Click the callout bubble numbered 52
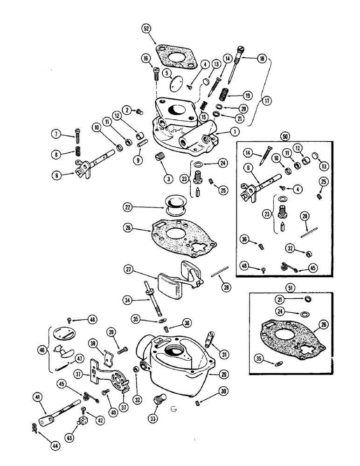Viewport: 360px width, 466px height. point(148,28)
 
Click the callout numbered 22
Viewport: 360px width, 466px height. point(128,206)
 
